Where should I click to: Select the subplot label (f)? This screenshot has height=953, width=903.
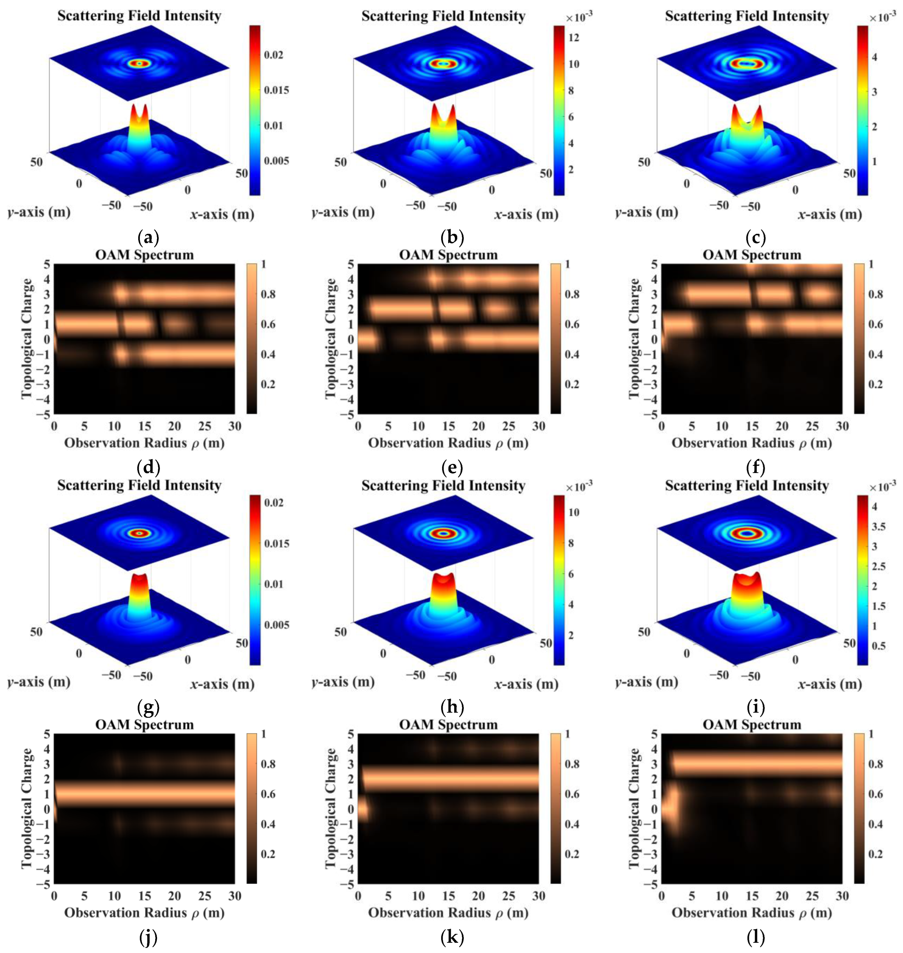point(754,467)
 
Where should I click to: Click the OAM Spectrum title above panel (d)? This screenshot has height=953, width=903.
point(145,254)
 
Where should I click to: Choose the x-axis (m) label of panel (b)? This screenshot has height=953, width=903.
point(526,215)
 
